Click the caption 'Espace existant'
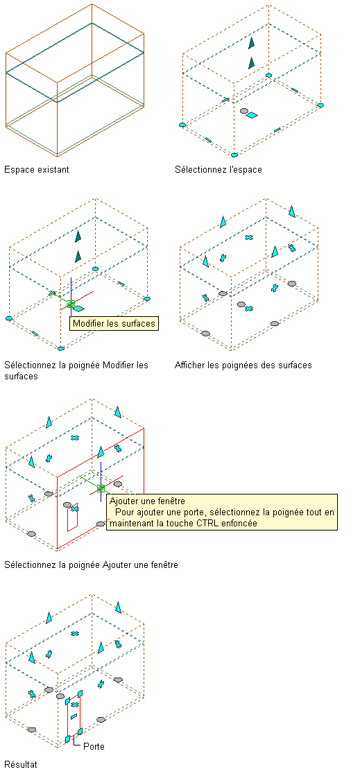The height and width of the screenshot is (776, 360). click(x=37, y=170)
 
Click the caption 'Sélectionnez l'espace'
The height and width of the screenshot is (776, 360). click(x=218, y=170)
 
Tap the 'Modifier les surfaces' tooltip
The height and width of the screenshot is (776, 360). click(x=114, y=324)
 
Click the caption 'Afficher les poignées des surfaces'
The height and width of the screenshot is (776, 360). click(x=243, y=365)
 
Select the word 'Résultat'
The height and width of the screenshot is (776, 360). click(x=21, y=764)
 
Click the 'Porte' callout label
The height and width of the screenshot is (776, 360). click(x=94, y=746)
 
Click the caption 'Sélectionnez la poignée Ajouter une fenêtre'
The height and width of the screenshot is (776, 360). click(x=91, y=564)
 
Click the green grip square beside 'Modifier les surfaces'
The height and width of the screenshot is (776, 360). click(x=71, y=304)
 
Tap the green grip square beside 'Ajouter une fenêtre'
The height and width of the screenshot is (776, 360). click(x=101, y=488)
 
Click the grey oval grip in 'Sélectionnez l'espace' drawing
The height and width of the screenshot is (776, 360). click(x=243, y=112)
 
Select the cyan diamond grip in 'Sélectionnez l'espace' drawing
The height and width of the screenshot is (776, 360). click(x=252, y=115)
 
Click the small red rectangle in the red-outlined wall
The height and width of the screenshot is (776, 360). click(x=73, y=517)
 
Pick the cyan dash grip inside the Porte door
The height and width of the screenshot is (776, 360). click(x=74, y=716)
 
